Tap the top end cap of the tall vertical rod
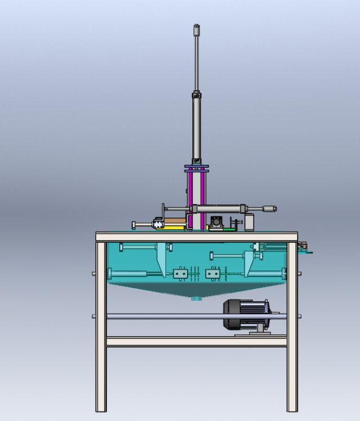tap(196, 27)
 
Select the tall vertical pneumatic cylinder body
tap(196, 126)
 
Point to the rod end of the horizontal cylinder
tap(269, 209)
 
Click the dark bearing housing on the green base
tap(216, 221)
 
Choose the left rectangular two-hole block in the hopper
tap(181, 274)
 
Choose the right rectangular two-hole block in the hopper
tap(213, 274)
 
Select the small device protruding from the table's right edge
tap(304, 246)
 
